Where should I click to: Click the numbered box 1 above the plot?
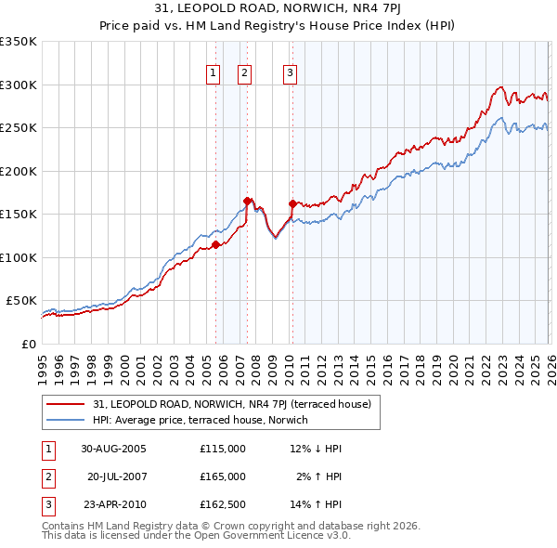point(214,73)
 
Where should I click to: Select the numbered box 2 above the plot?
point(244,73)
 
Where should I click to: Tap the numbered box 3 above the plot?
point(290,73)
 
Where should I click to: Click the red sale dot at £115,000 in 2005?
point(215,245)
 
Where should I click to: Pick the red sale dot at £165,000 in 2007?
point(247,201)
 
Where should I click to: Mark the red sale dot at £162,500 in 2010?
point(292,203)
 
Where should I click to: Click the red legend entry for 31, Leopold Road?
point(232,404)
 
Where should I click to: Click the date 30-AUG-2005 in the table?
point(113,448)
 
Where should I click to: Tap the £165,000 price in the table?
point(223,476)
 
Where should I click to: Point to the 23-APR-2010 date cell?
point(113,505)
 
